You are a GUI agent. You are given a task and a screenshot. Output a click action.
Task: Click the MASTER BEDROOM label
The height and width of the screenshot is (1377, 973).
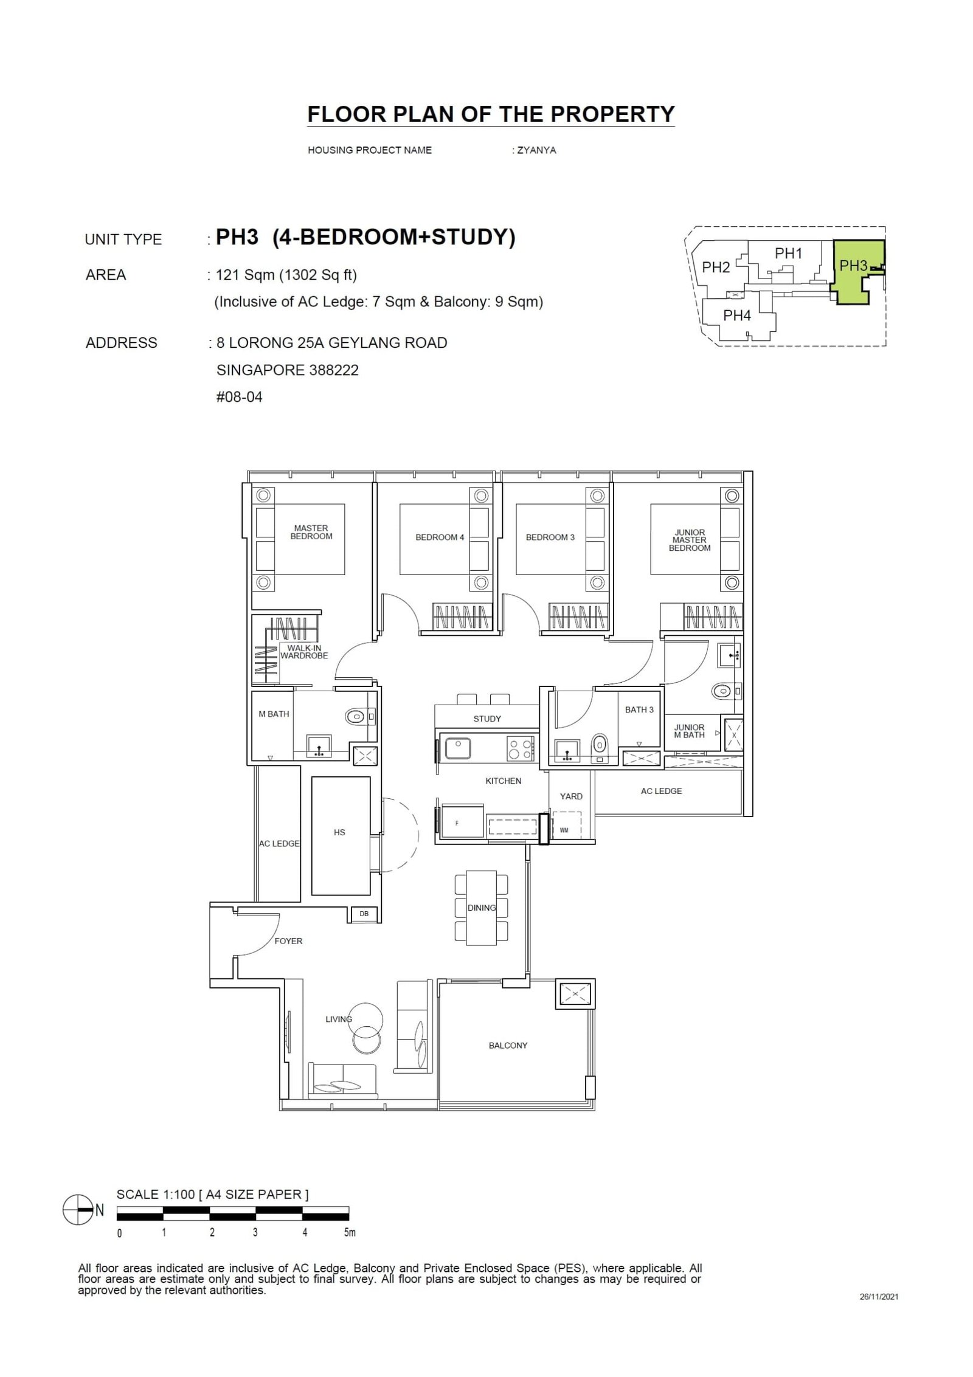pos(311,532)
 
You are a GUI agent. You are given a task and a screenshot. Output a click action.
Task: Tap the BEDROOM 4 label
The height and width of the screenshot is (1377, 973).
pos(439,537)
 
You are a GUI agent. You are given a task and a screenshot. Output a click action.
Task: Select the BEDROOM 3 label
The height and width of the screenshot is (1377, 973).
pos(550,537)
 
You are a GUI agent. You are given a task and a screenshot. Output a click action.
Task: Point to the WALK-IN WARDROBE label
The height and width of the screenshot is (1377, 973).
pos(304,652)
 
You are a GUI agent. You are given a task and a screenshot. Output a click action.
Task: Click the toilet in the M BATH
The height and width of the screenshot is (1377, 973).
pos(356,717)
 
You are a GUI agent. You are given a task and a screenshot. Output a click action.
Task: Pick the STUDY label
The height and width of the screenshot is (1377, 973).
pos(487,719)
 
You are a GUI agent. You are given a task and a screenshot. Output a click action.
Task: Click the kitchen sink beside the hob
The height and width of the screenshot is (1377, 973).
pos(458,748)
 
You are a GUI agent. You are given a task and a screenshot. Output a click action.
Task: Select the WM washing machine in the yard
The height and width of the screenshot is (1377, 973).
pos(565,829)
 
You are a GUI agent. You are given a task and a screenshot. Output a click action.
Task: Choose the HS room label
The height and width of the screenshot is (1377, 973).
pos(339,832)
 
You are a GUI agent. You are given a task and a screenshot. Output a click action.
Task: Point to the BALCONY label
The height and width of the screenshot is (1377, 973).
pos(508,1045)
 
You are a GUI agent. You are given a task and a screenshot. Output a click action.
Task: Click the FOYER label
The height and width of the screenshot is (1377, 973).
pos(288,940)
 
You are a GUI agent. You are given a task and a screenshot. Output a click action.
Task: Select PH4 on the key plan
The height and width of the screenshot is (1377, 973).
pos(737,316)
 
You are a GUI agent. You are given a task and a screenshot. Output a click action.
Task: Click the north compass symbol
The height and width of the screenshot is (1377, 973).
pos(74,1210)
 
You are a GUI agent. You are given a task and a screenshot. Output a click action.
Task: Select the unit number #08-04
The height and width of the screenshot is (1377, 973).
pos(240,397)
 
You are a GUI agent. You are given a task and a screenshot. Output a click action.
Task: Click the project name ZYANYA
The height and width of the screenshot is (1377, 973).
pos(536,150)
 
